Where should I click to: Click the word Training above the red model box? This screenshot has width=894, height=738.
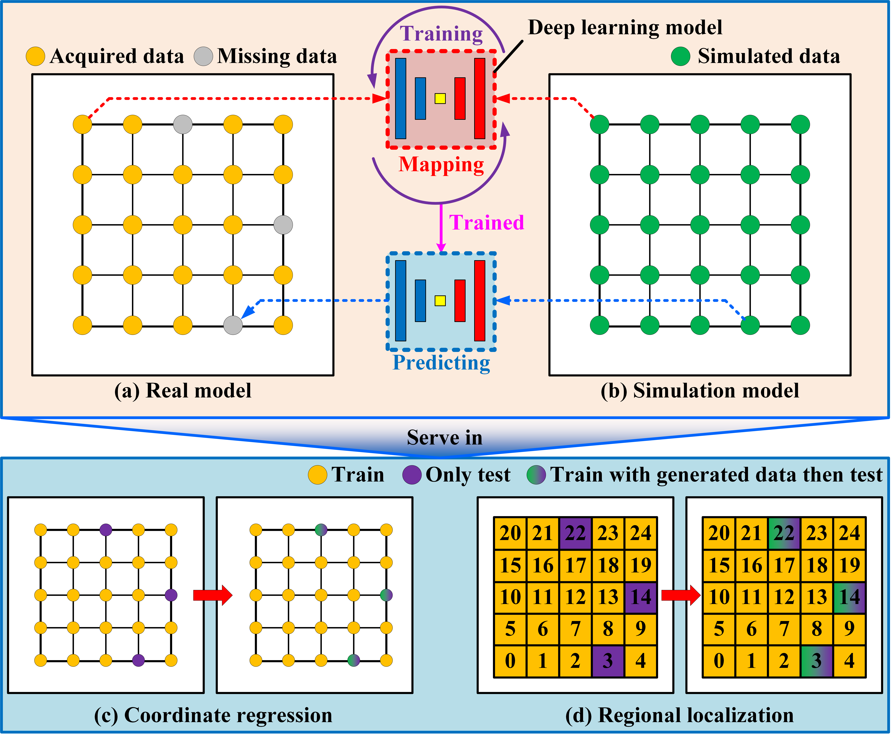tap(441, 34)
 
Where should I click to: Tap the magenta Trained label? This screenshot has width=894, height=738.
tap(487, 222)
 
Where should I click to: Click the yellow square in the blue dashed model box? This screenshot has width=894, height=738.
tap(440, 301)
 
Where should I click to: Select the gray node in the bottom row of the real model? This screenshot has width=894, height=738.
tap(233, 325)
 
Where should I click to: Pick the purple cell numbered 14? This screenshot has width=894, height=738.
tap(641, 597)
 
